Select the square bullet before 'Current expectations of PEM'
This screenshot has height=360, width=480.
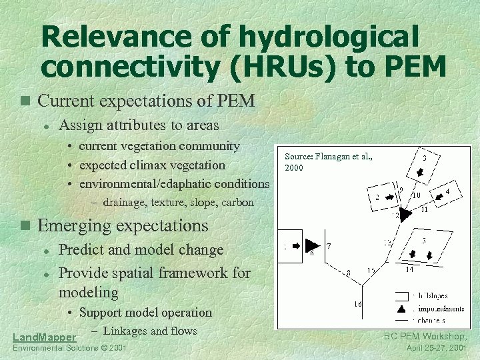pos(25,101)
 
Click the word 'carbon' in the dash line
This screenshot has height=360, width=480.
pos(237,202)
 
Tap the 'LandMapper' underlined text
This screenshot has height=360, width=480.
pos(44,338)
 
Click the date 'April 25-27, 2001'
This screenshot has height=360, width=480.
pos(435,348)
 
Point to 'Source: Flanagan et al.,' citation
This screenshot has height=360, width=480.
pos(328,157)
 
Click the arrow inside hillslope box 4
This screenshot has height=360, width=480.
pos(439,195)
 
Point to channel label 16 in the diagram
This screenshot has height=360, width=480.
pos(358,304)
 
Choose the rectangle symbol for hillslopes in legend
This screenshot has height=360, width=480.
pos(402,295)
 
